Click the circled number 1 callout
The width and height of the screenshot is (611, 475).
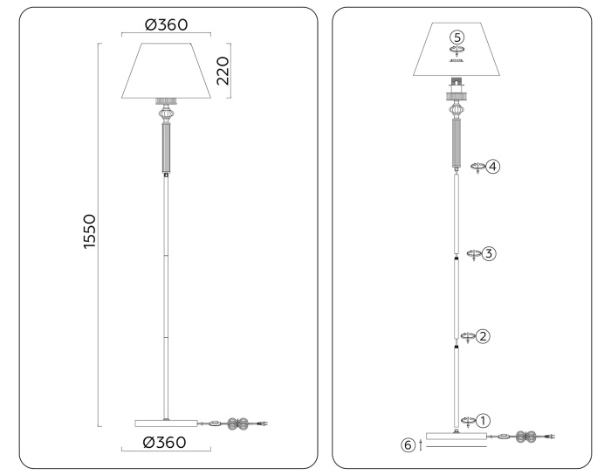click(482, 421)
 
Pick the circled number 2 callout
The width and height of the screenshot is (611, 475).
click(482, 335)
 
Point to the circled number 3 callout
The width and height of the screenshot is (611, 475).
click(489, 253)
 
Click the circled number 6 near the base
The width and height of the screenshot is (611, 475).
click(408, 445)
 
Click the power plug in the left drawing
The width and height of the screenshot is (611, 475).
click(260, 424)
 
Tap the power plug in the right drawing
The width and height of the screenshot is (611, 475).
click(547, 435)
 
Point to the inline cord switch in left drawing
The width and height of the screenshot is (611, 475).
click(212, 424)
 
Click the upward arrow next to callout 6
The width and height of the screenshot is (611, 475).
click(421, 445)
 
